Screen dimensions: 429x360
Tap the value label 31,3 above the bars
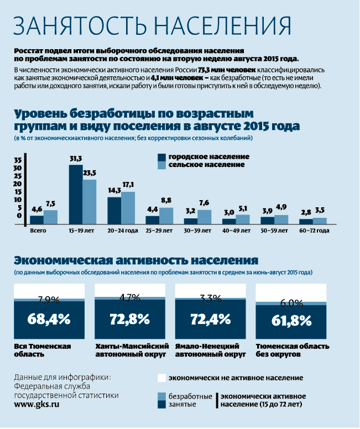click(x=76, y=159)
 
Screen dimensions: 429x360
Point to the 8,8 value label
click(x=166, y=201)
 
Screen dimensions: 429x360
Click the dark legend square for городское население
click(x=161, y=157)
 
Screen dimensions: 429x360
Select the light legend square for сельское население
click(x=161, y=165)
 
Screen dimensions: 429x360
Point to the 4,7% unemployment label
click(x=130, y=298)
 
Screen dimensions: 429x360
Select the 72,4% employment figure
click(x=210, y=319)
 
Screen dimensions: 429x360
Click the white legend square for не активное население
click(x=161, y=378)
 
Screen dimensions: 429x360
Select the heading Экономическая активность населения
click(x=136, y=260)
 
